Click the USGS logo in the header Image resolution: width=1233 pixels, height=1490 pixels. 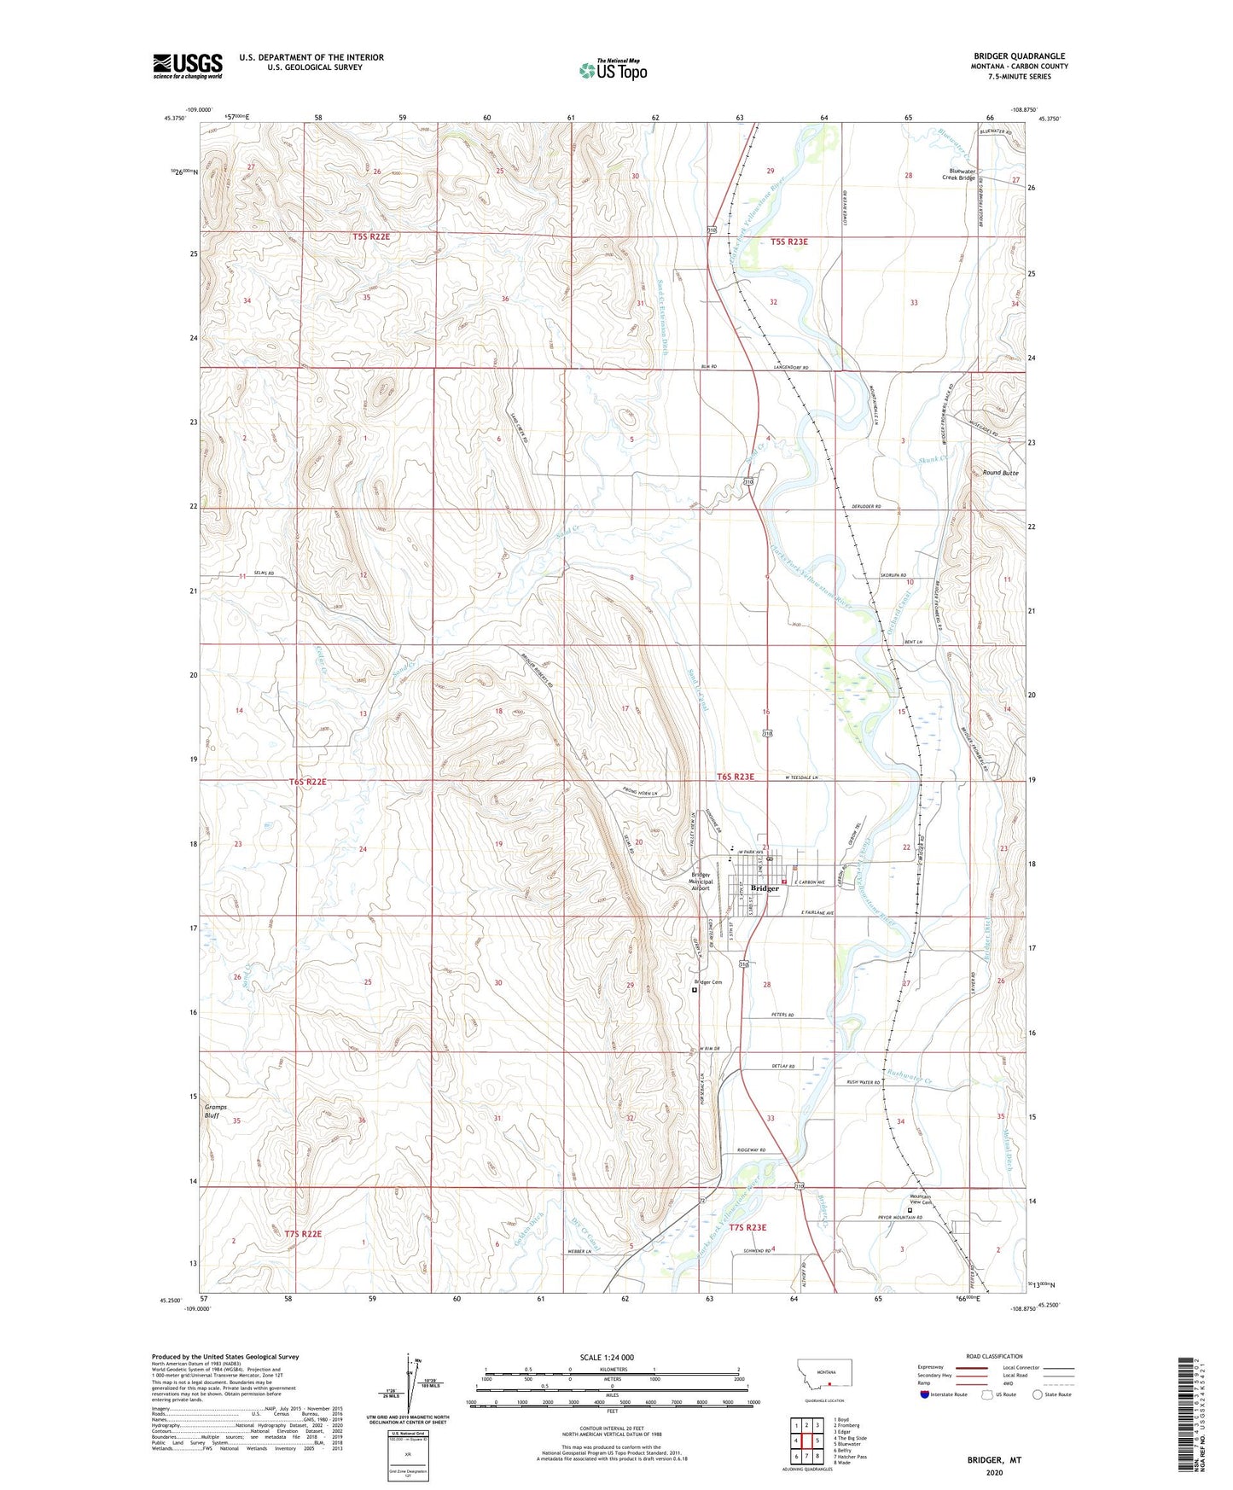tap(187, 66)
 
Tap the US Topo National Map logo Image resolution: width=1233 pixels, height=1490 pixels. tap(613, 70)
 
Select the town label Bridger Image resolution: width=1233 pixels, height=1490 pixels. tap(765, 888)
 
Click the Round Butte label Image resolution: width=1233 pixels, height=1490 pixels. tap(1000, 472)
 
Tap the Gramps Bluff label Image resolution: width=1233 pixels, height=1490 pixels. tap(218, 1110)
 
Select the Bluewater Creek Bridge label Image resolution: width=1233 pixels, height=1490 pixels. tap(957, 175)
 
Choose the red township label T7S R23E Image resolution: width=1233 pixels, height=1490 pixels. tap(747, 1228)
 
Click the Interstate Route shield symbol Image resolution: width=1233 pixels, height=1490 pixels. tap(925, 1394)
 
